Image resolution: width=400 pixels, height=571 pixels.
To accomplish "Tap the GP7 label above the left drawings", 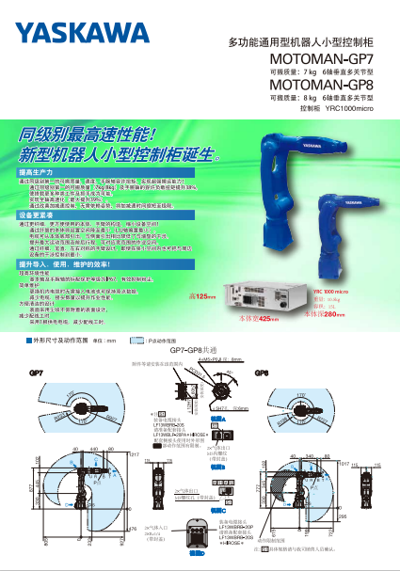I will (35, 373).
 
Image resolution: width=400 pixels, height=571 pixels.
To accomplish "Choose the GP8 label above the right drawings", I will (262, 373).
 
